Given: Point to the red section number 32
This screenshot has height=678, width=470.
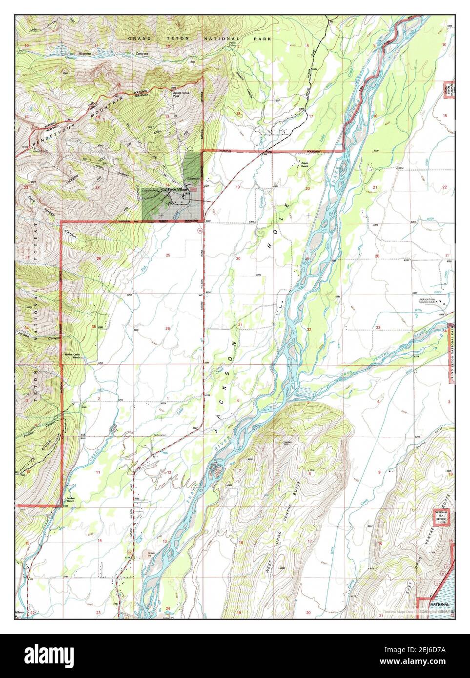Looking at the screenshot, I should click(x=308, y=330).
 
